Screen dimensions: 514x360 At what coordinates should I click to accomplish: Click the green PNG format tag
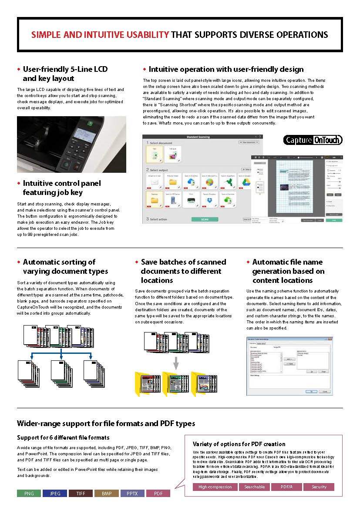click(x=29, y=494)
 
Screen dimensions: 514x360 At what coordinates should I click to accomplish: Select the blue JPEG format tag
click(x=55, y=494)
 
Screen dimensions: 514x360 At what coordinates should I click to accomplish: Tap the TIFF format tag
click(x=81, y=494)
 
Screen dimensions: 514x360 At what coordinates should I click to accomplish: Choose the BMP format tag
click(x=107, y=494)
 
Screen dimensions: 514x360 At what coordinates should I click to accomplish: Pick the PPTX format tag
click(x=132, y=494)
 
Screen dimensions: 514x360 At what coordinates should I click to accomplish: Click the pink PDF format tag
click(x=158, y=494)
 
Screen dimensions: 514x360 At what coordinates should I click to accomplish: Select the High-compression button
click(x=215, y=487)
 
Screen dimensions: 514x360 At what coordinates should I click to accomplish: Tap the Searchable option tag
click(x=254, y=487)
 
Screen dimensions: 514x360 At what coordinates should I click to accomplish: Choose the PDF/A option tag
click(x=286, y=487)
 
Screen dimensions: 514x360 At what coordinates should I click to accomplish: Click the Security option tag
click(x=319, y=487)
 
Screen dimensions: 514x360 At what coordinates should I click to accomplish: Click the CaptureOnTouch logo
click(x=313, y=140)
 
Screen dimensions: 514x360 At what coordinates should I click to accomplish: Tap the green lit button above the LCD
click(x=90, y=124)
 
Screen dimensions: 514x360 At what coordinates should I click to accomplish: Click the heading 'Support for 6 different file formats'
click(x=63, y=437)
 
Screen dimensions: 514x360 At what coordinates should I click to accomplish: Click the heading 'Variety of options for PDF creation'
click(x=239, y=444)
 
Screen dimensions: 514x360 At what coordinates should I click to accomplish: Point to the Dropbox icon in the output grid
click(x=209, y=198)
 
